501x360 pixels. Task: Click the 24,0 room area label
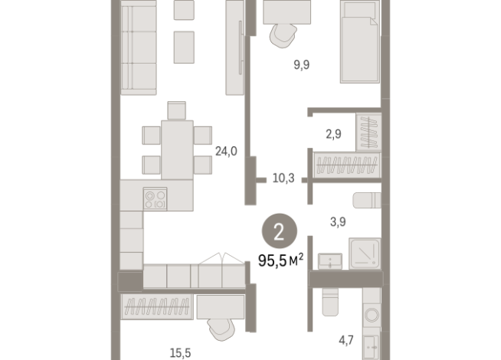coord(226,151)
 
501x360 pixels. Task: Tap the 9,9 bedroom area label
coord(302,65)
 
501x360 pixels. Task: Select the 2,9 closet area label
coord(333,134)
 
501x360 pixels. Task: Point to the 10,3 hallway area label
coord(283,178)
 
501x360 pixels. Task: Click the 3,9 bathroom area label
coord(338,221)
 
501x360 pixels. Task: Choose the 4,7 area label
coord(346,340)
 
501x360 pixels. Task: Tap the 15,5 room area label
coord(181,353)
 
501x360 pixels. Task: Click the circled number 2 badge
coord(280,231)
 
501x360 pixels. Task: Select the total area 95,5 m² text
coord(281,260)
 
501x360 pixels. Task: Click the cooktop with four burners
coord(156,198)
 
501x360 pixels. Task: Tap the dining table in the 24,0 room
coord(177,150)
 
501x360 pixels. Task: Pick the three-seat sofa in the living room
coord(139,47)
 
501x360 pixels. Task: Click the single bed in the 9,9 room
coord(360,41)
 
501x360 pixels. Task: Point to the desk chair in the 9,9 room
coord(283,36)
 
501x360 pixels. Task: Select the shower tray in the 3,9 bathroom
coord(365,254)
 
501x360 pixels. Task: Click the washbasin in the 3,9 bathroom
coord(330,261)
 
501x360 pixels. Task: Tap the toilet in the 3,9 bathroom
coord(367,200)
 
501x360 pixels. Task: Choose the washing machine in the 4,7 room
coord(372,315)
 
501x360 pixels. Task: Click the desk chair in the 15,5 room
coord(221,329)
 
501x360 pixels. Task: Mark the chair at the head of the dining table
coord(177,110)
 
